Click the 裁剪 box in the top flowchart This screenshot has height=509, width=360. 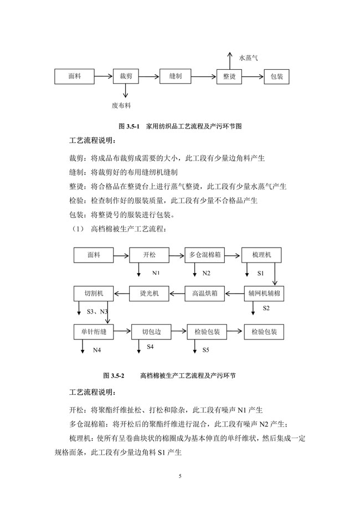click(x=126, y=77)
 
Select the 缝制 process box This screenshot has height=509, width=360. click(x=175, y=77)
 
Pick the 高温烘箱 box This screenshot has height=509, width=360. click(x=204, y=293)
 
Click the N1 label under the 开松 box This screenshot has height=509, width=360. click(x=156, y=273)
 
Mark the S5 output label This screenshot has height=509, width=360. click(x=205, y=349)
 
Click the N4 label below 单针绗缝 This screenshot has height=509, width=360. click(x=97, y=349)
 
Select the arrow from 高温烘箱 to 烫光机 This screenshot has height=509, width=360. click(x=177, y=293)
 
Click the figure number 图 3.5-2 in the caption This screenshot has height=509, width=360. click(x=114, y=375)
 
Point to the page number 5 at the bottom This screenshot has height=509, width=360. click(x=180, y=475)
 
